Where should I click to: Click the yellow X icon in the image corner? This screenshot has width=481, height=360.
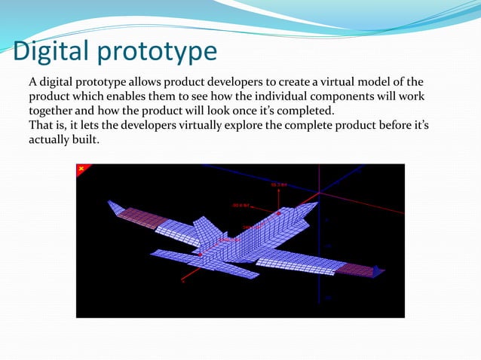pos(81,169)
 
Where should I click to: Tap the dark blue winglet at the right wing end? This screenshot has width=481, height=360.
pos(379,271)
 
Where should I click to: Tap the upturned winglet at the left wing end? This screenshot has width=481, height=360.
pos(115,207)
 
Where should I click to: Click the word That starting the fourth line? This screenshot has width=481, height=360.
pos(41,126)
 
